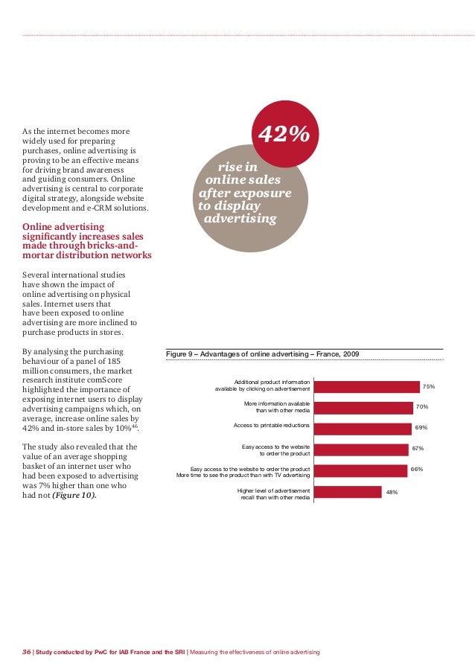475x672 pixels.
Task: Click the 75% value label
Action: tap(429, 387)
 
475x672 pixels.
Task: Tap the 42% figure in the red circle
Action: tap(283, 135)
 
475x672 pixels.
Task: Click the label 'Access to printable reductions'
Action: tap(272, 426)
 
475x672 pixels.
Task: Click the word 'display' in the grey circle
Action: tap(237, 206)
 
